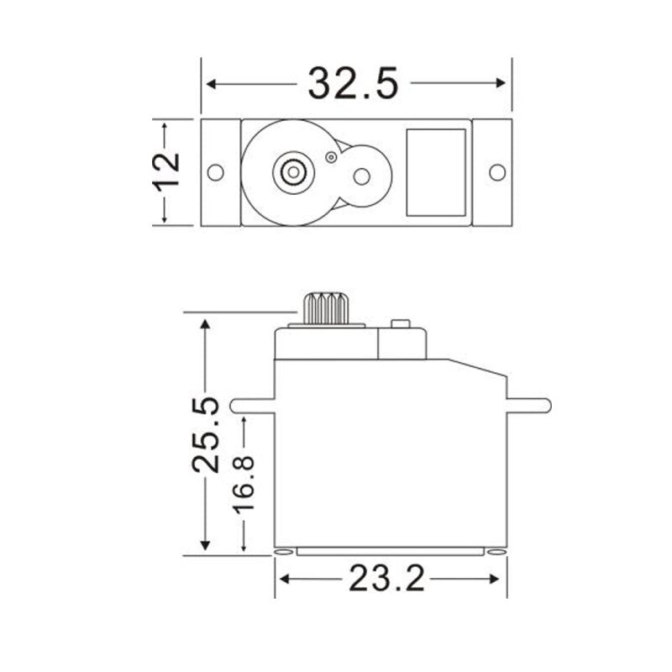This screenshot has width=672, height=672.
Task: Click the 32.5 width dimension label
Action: [x=352, y=83]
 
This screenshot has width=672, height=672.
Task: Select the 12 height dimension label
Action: [x=167, y=172]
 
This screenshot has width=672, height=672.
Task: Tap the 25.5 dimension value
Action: [x=205, y=434]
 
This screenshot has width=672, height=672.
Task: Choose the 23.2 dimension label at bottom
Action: [x=387, y=580]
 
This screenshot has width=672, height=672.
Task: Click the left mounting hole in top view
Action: [x=215, y=172]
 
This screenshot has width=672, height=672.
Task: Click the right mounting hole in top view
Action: [x=497, y=172]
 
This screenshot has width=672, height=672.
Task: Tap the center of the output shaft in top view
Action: [x=292, y=172]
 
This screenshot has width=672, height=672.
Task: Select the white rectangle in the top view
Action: [x=435, y=172]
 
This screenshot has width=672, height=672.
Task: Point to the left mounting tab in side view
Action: [x=252, y=405]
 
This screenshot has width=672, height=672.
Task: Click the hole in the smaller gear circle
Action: [x=361, y=176]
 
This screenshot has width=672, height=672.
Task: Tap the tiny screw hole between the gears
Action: [x=331, y=156]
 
